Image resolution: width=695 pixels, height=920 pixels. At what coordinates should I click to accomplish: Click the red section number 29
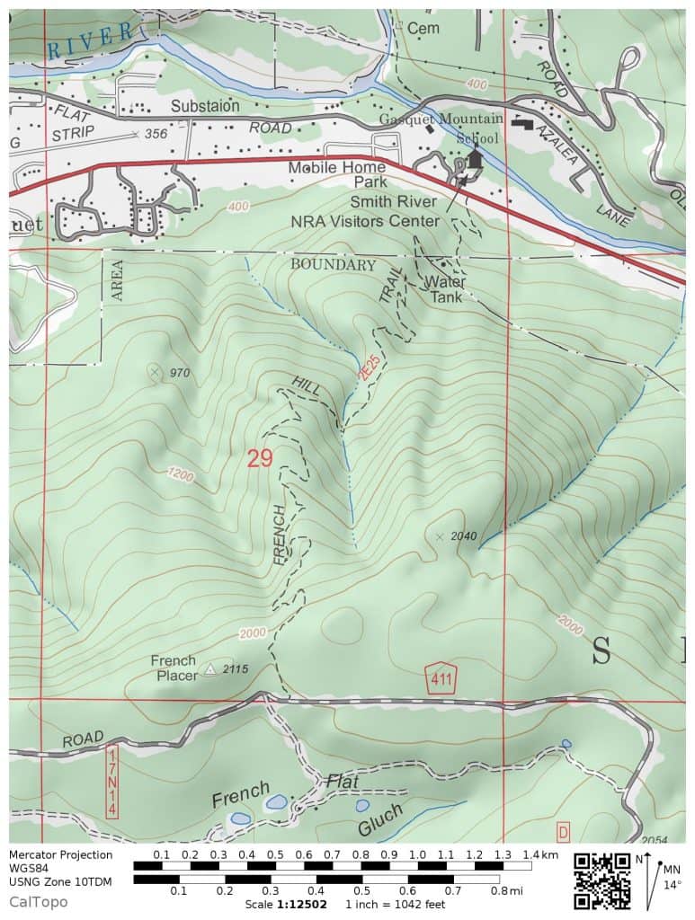coord(259,458)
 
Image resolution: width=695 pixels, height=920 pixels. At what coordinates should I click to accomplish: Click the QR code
coord(602,880)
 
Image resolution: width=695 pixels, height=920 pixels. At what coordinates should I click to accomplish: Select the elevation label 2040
coord(464,536)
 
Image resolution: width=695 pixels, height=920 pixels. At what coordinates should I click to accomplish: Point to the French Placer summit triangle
coord(210,669)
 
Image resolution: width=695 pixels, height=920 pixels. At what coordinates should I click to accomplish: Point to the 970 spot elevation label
coord(181,372)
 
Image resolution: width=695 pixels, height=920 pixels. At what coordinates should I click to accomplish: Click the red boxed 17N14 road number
coord(111,781)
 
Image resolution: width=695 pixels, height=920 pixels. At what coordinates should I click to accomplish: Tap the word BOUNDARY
coord(333,265)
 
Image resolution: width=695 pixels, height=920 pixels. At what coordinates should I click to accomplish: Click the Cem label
coord(422,29)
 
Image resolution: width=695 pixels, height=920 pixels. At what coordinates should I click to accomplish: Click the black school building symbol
coord(475,160)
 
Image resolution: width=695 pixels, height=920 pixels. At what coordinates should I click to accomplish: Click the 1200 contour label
coord(180,473)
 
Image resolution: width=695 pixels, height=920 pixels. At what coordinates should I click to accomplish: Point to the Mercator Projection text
coord(61,854)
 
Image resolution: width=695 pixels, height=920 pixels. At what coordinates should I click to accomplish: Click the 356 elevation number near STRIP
coord(156,133)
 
